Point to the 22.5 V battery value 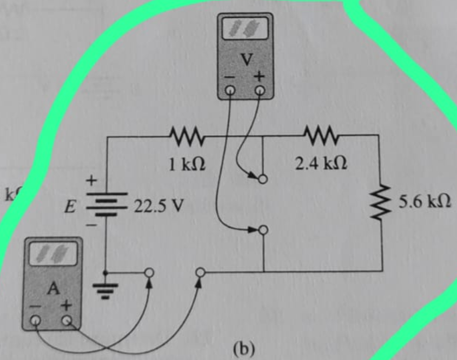(x=153, y=206)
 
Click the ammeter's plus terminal (x=67, y=321)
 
